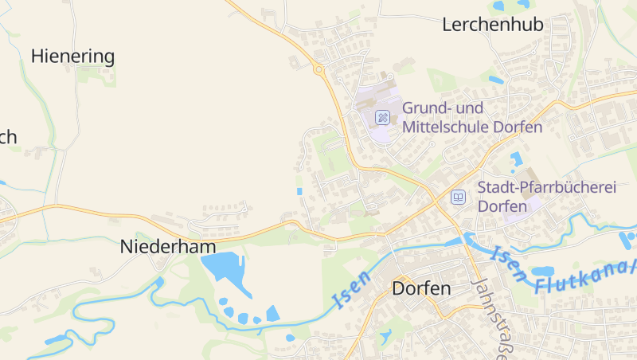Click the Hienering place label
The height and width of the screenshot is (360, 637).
pyautogui.click(x=72, y=56)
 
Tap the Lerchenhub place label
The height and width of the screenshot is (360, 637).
pyautogui.click(x=492, y=25)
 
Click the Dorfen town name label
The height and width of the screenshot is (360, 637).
pyautogui.click(x=421, y=288)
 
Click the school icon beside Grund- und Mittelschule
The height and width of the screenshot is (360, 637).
pyautogui.click(x=382, y=118)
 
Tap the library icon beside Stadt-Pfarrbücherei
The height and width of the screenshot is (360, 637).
pyautogui.click(x=458, y=197)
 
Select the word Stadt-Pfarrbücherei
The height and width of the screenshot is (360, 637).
pyautogui.click(x=547, y=187)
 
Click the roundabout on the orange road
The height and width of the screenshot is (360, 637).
pyautogui.click(x=319, y=70)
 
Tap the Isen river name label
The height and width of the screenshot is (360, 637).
pyautogui.click(x=351, y=291)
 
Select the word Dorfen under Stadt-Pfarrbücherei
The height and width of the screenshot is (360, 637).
pyautogui.click(x=502, y=206)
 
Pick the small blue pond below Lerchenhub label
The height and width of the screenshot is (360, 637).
pyautogui.click(x=495, y=80)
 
